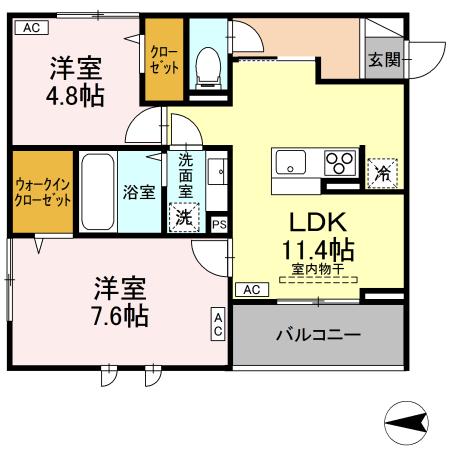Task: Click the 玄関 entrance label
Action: tap(383, 60)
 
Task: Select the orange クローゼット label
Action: tap(161, 60)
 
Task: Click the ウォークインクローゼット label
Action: tap(43, 191)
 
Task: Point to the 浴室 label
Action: tap(139, 191)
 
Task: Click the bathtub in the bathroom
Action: tap(97, 191)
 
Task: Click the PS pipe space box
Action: tap(219, 225)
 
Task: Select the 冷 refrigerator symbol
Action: tap(383, 173)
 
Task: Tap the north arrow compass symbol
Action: tap(408, 423)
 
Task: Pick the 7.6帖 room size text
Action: tap(120, 315)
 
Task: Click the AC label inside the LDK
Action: tap(251, 290)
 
